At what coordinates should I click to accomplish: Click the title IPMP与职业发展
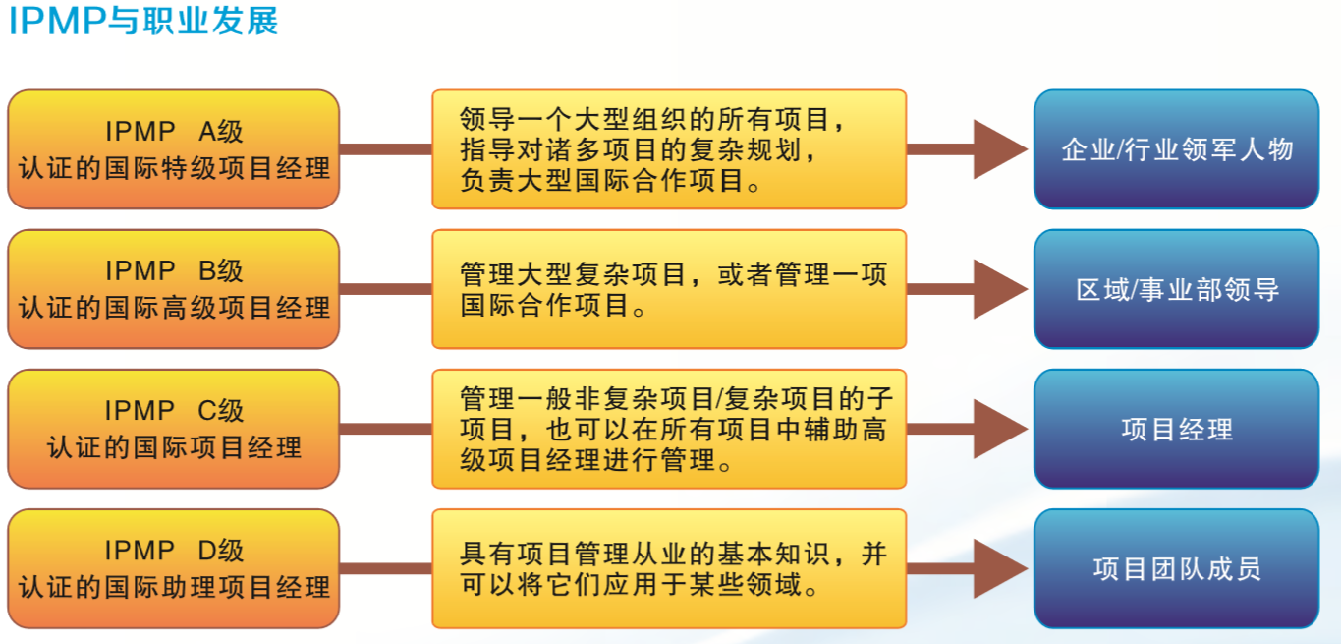point(143,21)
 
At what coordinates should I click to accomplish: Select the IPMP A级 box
point(174,149)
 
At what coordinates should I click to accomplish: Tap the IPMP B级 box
point(174,289)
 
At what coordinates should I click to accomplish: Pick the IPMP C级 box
point(174,429)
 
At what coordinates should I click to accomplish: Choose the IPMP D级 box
point(174,568)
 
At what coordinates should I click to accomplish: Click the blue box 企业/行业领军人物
point(1176,149)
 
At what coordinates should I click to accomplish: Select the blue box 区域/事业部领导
point(1176,289)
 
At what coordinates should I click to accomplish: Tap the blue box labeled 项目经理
point(1176,429)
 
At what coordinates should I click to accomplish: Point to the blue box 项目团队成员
point(1176,568)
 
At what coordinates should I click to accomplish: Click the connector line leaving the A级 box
point(385,149)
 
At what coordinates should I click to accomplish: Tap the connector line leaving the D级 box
point(385,568)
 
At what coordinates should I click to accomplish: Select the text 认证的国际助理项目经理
point(174,587)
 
